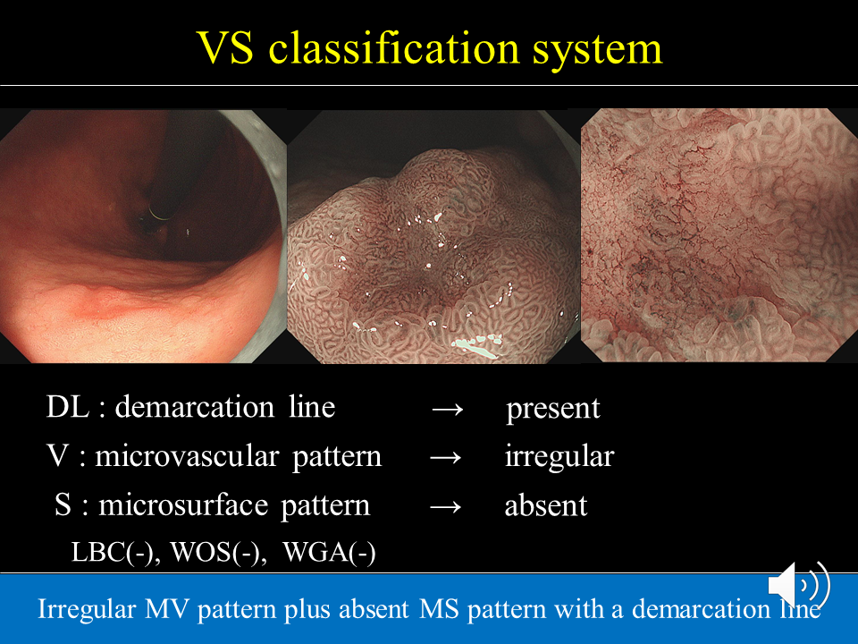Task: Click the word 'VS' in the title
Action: pyautogui.click(x=225, y=47)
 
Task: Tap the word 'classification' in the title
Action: pyautogui.click(x=393, y=47)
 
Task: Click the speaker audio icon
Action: pyautogui.click(x=799, y=585)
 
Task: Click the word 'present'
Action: pyautogui.click(x=552, y=410)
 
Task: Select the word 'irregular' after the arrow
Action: pyautogui.click(x=559, y=457)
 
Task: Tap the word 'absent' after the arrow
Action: pyautogui.click(x=545, y=505)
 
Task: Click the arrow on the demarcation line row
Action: pyautogui.click(x=448, y=409)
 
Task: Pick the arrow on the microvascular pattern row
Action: pyautogui.click(x=446, y=457)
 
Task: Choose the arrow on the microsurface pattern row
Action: pyautogui.click(x=446, y=506)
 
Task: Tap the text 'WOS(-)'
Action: pyautogui.click(x=218, y=552)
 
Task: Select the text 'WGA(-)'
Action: pyautogui.click(x=329, y=552)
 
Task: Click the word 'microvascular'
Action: pyautogui.click(x=187, y=456)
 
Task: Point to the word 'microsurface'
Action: pyautogui.click(x=183, y=504)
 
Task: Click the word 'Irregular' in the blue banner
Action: pyautogui.click(x=87, y=610)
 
